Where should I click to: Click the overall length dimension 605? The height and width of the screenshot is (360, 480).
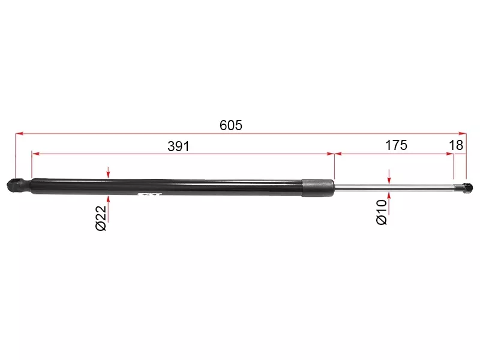coord(231,125)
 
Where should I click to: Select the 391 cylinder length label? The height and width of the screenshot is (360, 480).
coord(178,146)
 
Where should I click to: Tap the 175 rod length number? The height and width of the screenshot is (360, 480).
coord(396,145)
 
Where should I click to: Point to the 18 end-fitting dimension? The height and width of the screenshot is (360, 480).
coord(456,145)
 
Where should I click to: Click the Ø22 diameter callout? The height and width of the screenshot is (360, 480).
coord(101,218)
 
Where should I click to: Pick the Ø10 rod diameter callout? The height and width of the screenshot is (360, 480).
coord(382,212)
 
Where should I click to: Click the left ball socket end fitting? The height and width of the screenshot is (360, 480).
coord(19,185)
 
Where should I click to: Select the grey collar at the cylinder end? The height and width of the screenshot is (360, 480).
coord(318,188)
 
